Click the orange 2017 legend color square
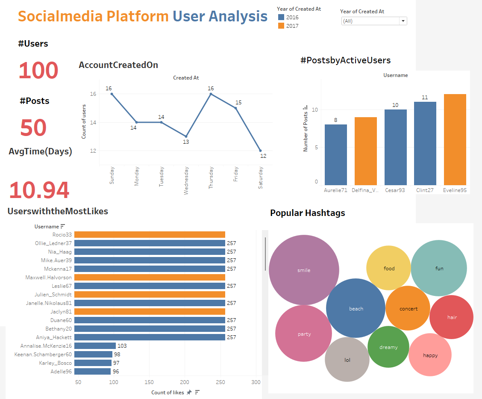pyautogui.click(x=281, y=26)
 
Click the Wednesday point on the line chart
pyautogui.click(x=186, y=136)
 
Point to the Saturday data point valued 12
pyautogui.click(x=261, y=151)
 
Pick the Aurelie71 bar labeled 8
pyautogui.click(x=335, y=154)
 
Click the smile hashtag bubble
pyautogui.click(x=304, y=270)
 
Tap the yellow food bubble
pyautogui.click(x=389, y=268)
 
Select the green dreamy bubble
pyautogui.click(x=388, y=347)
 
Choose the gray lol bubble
pyautogui.click(x=347, y=360)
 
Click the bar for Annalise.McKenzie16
pyautogui.click(x=95, y=346)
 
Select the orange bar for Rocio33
pyautogui.click(x=150, y=234)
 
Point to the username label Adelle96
pyautogui.click(x=61, y=372)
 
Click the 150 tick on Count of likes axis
pyautogui.click(x=149, y=382)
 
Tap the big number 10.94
pyautogui.click(x=39, y=190)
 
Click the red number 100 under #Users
pyautogui.click(x=38, y=71)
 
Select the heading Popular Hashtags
pyautogui.click(x=307, y=213)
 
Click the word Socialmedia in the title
pyautogui.click(x=60, y=16)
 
